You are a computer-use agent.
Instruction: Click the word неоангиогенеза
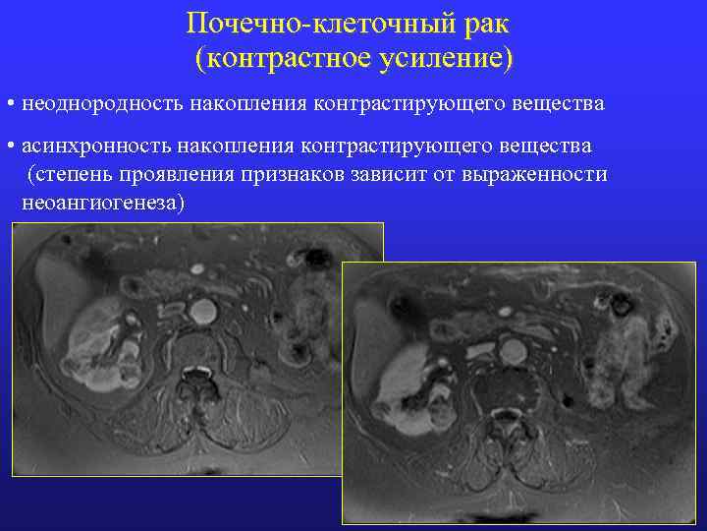102,203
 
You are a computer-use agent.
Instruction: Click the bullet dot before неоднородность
8,103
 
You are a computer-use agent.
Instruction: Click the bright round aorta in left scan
202,312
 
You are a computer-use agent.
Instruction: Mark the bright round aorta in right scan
513,349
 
